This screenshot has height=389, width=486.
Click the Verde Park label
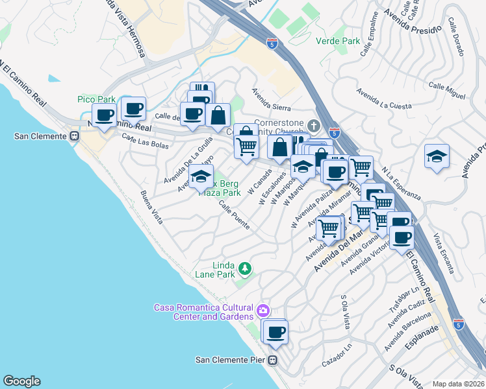pos(337,41)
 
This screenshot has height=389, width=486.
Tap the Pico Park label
pos(96,99)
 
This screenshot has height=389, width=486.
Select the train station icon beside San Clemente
pos(74,136)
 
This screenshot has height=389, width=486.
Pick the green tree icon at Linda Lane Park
pos(245,268)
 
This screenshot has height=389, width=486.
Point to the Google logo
pos(21,381)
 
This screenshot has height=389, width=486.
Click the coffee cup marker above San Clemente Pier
pos(276,331)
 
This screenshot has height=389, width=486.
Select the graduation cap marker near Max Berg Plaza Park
pos(201,177)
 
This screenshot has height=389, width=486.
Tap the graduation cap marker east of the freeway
pos(437,157)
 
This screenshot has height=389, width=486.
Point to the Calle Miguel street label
pos(447,91)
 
